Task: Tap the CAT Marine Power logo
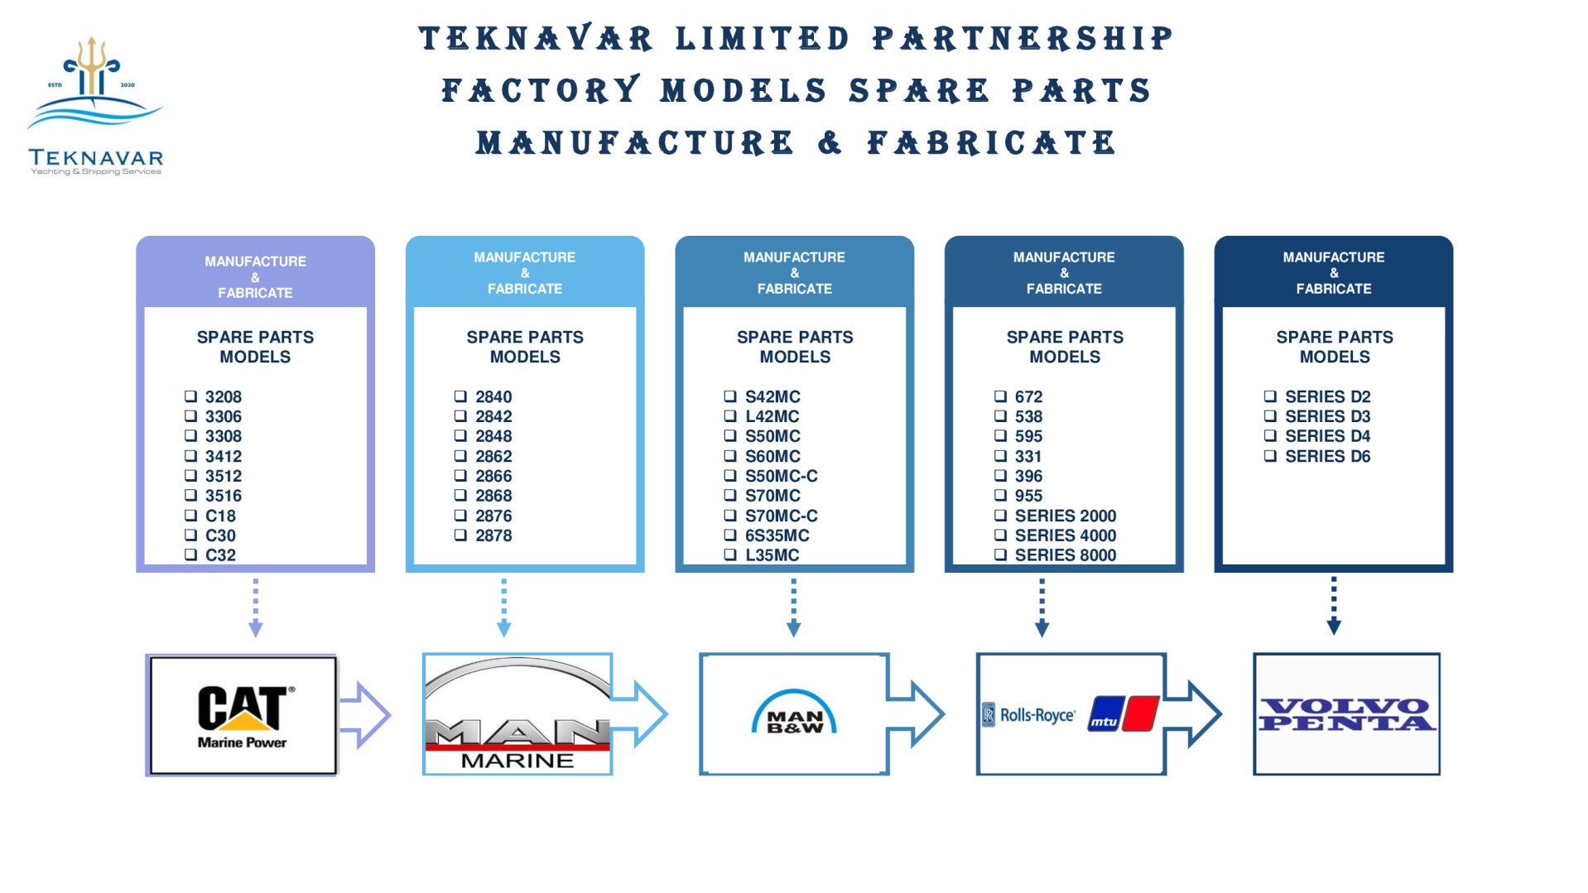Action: click(x=242, y=715)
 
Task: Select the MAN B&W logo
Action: click(x=794, y=713)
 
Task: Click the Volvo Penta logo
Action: click(x=1346, y=714)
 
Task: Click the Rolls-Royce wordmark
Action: click(x=1037, y=715)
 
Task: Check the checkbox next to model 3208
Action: click(x=190, y=396)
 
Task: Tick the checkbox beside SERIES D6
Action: click(x=1270, y=456)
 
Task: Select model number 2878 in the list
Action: click(x=493, y=535)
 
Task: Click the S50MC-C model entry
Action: click(x=781, y=476)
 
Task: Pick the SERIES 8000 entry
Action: click(x=1065, y=555)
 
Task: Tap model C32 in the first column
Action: click(x=220, y=555)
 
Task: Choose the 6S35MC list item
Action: click(x=777, y=535)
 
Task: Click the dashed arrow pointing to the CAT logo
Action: click(x=255, y=608)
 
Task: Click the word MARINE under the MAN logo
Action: click(x=517, y=761)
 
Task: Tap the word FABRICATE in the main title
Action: click(x=991, y=143)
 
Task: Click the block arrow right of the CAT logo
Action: click(x=365, y=714)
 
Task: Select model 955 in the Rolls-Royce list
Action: click(x=1028, y=496)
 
